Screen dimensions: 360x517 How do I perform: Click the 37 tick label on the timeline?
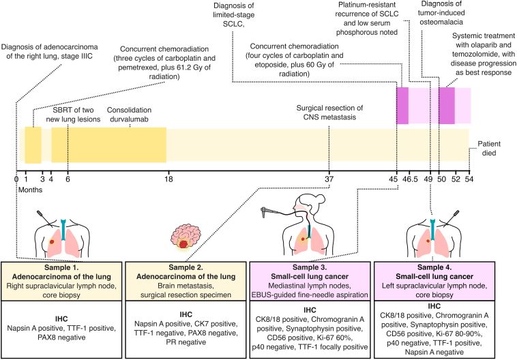pos(329,179)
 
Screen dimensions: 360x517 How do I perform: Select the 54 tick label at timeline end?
pos(469,179)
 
